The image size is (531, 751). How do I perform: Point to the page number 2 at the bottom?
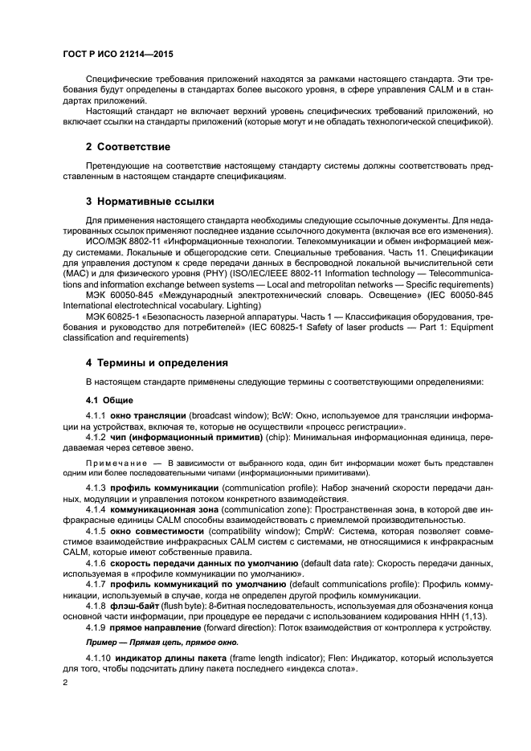click(66, 683)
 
